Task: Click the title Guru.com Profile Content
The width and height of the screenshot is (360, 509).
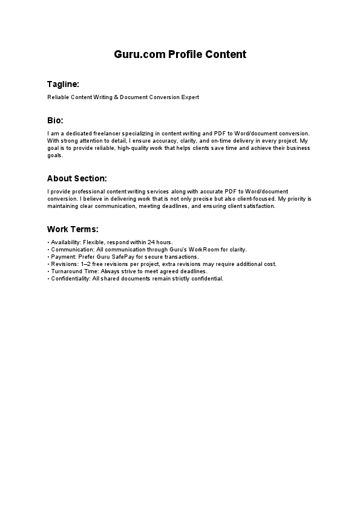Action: [180, 54]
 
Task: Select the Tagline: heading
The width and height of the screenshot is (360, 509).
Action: [63, 84]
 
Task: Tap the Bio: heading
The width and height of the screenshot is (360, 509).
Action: [55, 120]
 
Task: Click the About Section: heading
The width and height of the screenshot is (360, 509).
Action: [77, 178]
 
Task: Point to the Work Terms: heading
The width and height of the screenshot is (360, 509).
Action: [73, 229]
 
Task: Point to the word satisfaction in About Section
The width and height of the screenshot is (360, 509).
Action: [260, 206]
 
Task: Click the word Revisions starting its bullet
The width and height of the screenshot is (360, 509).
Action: [64, 264]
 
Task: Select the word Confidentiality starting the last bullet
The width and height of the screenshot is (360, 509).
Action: [70, 279]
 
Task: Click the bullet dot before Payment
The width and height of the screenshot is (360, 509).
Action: [48, 256]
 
